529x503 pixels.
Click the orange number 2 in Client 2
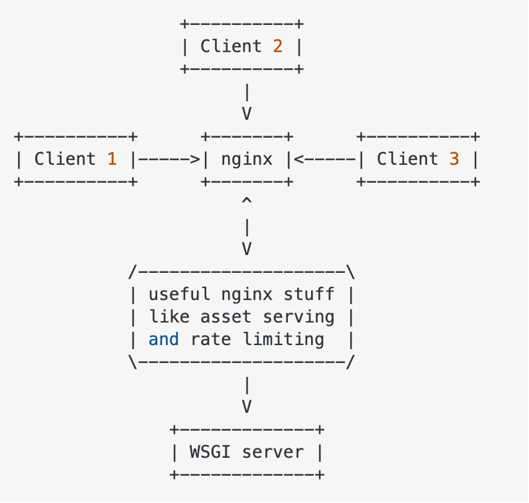[x=278, y=46]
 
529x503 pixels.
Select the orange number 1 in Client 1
[x=111, y=159]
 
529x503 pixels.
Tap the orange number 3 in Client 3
[x=454, y=159]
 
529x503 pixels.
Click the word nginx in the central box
[x=247, y=159]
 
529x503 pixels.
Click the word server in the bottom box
[x=278, y=452]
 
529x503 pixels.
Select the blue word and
[x=164, y=340]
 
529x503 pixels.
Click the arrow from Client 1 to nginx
[x=169, y=159]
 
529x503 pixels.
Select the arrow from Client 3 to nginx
[x=324, y=159]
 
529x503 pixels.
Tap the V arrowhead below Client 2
[x=247, y=114]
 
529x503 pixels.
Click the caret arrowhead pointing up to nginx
[x=247, y=203]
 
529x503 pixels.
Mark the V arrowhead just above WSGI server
[x=247, y=407]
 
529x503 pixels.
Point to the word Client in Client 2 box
[x=231, y=46]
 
